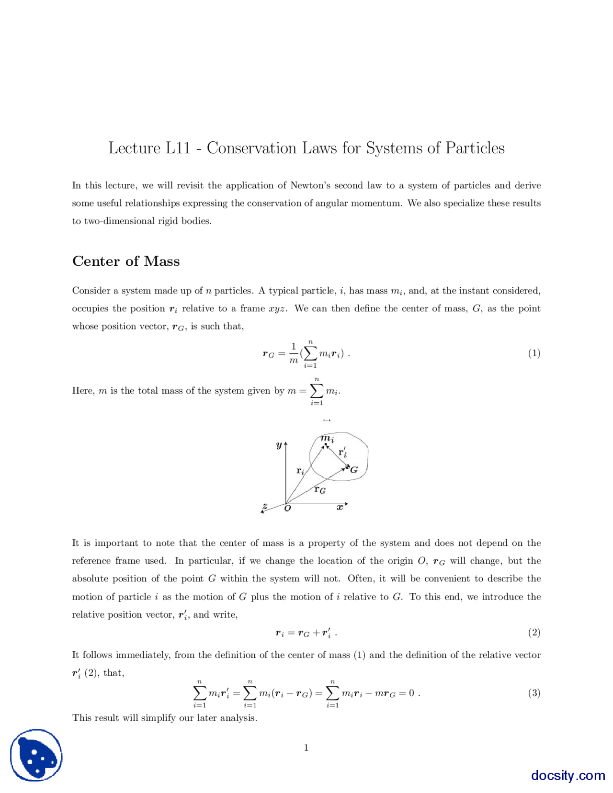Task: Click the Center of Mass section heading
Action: [126, 261]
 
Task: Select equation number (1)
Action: [534, 353]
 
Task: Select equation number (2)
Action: [534, 633]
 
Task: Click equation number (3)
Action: [534, 693]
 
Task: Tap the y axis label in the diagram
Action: [279, 445]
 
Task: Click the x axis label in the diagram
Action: [340, 508]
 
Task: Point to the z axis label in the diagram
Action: [265, 506]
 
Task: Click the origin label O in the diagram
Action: [287, 509]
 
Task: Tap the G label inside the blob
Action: [354, 470]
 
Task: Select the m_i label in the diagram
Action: [328, 438]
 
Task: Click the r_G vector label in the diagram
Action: [320, 489]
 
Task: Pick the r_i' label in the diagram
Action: [342, 452]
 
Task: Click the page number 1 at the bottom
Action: [306, 748]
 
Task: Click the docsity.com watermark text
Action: [568, 775]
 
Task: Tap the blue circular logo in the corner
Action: [36, 755]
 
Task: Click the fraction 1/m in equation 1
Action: [294, 353]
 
